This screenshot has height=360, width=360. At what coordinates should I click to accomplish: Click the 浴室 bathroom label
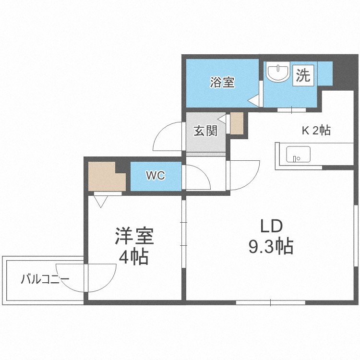click(222, 83)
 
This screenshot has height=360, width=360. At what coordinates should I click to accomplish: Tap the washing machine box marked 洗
click(303, 75)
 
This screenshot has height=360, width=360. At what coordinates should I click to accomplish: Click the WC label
click(156, 176)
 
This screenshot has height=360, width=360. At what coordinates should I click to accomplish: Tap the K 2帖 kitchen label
click(316, 131)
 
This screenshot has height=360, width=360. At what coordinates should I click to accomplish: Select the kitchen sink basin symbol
click(298, 154)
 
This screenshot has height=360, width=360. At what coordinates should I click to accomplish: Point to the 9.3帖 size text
click(271, 247)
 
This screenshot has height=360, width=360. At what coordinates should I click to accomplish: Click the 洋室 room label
click(134, 236)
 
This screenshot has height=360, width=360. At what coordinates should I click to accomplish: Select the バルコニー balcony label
click(45, 279)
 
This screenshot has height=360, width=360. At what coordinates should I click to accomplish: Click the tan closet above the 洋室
click(107, 176)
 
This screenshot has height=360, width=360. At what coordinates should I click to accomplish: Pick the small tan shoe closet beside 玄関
click(237, 123)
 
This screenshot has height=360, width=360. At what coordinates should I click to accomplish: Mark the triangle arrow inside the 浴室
click(253, 100)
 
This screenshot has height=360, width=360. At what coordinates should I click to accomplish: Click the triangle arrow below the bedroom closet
click(101, 202)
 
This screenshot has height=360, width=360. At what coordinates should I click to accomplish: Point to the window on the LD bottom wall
click(270, 302)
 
